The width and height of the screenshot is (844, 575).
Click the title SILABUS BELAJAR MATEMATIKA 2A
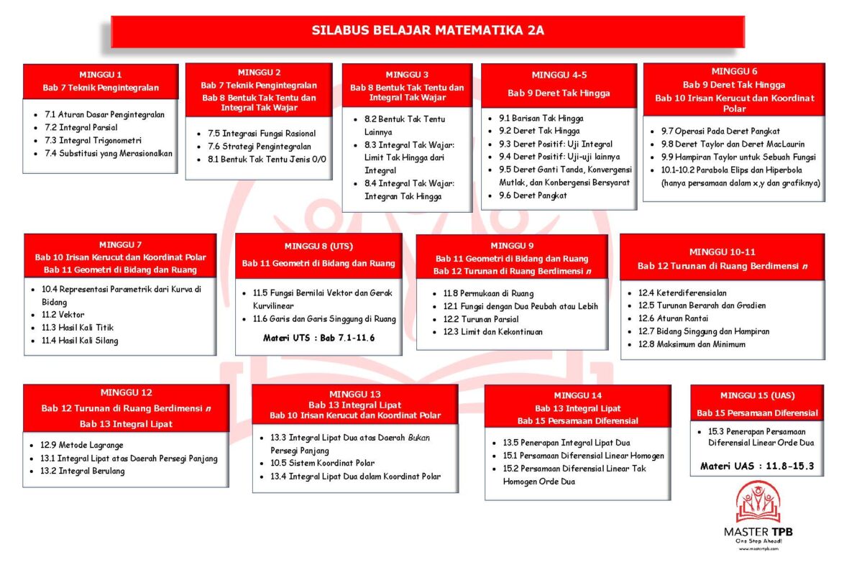pos(428,31)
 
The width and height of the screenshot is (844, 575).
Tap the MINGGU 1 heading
pos(101,74)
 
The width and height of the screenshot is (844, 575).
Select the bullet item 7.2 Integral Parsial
pos(80,127)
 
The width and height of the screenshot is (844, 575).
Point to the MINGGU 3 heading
pos(407,74)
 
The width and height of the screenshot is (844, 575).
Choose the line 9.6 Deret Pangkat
pos(533,195)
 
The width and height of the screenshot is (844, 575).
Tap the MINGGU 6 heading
pos(734,71)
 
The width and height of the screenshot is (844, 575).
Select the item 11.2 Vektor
pos(63,315)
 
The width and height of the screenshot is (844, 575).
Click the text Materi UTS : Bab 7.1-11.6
pos(318,338)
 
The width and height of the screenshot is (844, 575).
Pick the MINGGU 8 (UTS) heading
pos(318,245)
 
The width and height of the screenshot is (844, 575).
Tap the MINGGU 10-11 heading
pos(722,252)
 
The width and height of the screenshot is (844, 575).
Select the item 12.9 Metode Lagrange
pos(82,446)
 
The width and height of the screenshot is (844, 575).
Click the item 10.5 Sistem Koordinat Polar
pos(322,464)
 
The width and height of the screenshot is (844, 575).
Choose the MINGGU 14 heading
pos(578,395)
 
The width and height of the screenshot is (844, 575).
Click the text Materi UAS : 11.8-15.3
pos(757,466)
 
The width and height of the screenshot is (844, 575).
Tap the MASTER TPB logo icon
pos(758,502)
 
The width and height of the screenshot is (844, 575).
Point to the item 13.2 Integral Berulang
pos(83,471)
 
